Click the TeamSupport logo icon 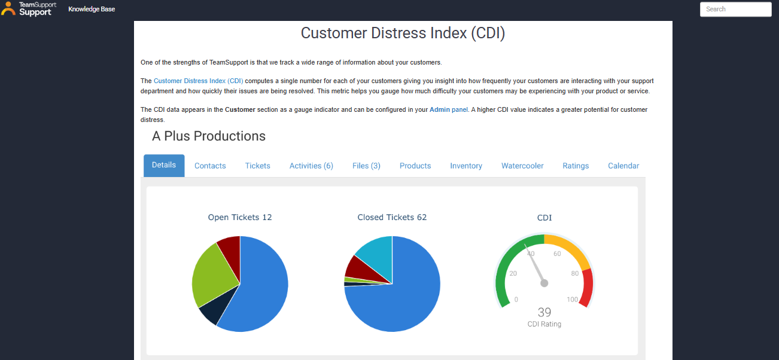[x=8, y=8]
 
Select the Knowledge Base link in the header [x=92, y=9]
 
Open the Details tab [x=164, y=165]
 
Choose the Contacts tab [x=210, y=166]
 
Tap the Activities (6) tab [x=311, y=166]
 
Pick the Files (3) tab [x=366, y=166]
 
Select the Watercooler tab [x=522, y=166]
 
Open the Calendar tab [x=623, y=166]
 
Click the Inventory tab [x=466, y=166]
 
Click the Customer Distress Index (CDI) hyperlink [x=199, y=81]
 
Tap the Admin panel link [x=449, y=110]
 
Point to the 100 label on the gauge [x=573, y=300]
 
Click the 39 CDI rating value [x=544, y=312]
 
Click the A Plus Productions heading [x=209, y=136]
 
